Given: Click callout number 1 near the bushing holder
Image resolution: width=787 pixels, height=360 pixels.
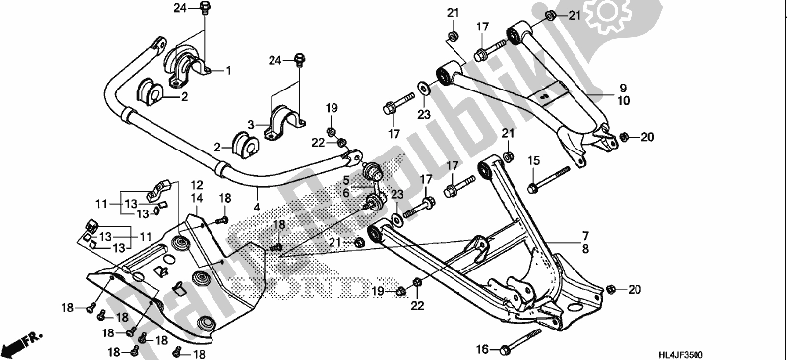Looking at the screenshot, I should click(x=228, y=71).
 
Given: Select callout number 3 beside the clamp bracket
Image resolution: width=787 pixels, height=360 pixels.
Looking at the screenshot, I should click(x=251, y=124).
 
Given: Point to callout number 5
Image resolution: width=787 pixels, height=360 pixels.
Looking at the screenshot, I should click(x=347, y=180).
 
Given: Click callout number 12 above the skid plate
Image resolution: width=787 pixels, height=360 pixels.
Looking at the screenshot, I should click(x=197, y=184).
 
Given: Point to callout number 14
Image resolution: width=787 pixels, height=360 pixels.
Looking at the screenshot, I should click(x=197, y=198).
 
